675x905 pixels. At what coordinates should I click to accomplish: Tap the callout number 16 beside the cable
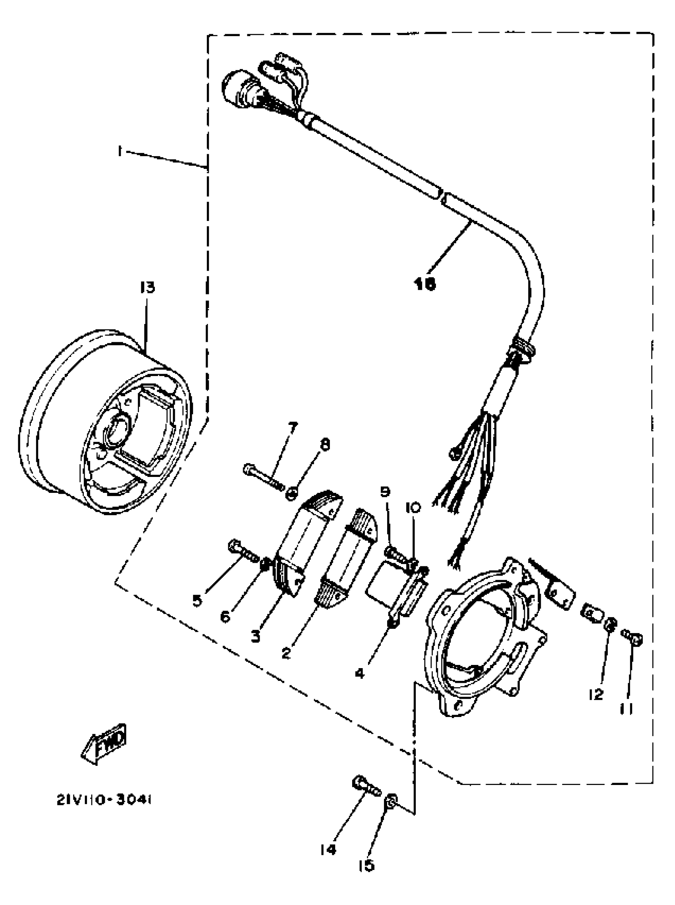[x=425, y=284]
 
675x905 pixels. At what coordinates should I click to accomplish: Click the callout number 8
[x=325, y=445]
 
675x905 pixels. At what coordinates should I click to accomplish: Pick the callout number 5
[x=197, y=601]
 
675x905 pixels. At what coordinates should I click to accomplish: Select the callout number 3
[x=256, y=636]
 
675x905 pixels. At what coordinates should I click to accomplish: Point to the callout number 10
[x=413, y=508]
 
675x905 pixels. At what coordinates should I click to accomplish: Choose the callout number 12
[x=596, y=694]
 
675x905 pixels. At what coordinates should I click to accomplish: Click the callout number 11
[x=627, y=709]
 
